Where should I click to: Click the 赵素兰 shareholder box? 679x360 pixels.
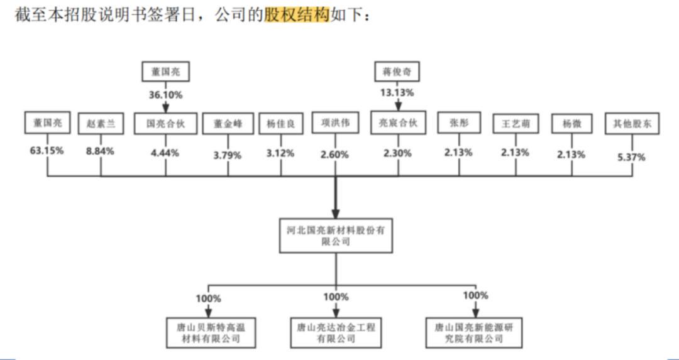point(101,124)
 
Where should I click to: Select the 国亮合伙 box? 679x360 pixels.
point(165,124)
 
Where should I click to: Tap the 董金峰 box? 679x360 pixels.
point(227,124)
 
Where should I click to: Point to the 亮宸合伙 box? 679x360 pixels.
point(397,123)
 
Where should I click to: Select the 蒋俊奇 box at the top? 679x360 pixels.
point(397,72)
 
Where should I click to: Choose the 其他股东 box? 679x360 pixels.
point(632,124)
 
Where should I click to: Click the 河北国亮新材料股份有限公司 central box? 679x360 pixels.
point(334,236)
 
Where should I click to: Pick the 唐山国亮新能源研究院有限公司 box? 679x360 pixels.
point(474,333)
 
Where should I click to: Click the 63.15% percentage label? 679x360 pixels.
point(47,151)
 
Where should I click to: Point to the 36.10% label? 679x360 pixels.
point(165,95)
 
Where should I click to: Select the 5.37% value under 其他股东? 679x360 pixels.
point(631,157)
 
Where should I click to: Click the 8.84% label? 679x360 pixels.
point(100,151)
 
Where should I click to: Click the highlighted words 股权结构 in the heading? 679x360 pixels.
point(296,14)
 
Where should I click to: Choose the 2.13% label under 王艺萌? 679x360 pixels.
point(516,152)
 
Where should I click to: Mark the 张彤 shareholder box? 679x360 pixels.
point(459,124)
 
